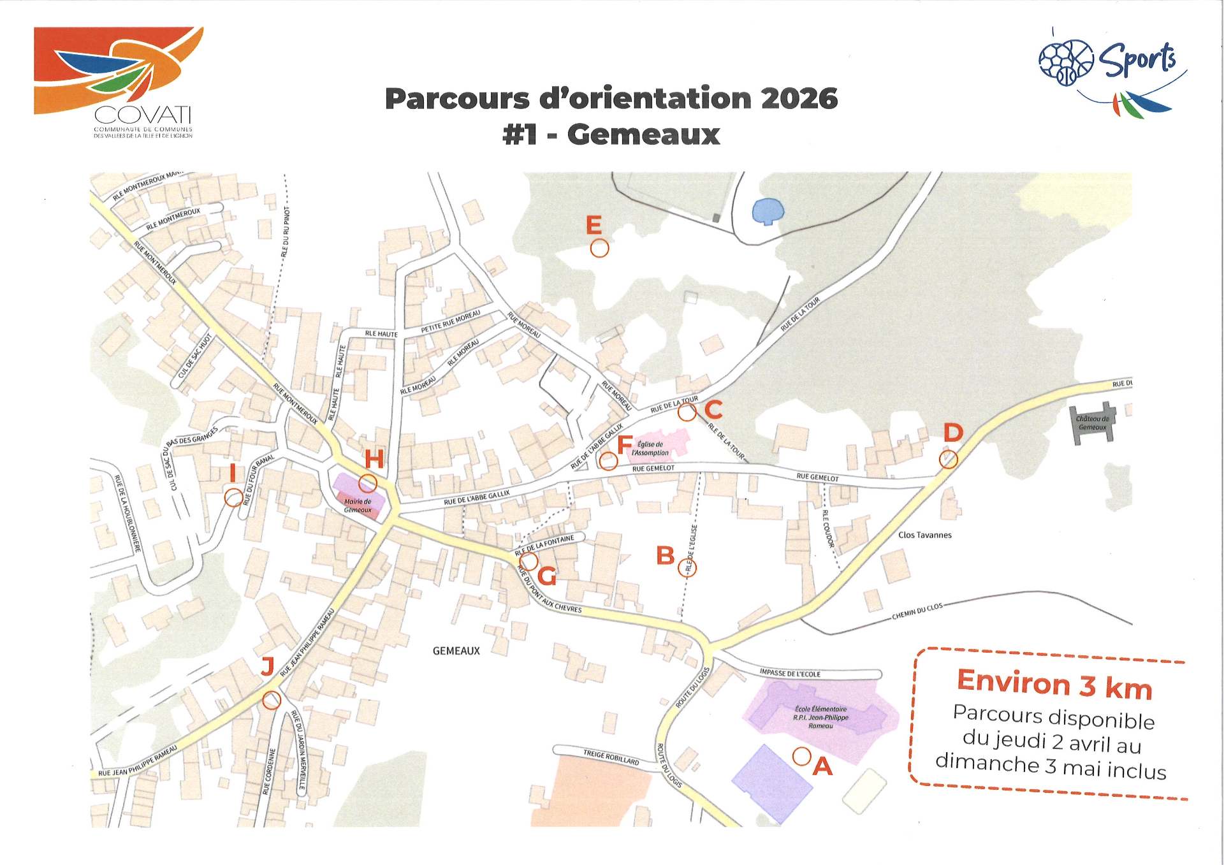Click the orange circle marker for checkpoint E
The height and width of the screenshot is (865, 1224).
coord(599,248)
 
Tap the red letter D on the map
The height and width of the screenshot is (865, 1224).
coord(953,433)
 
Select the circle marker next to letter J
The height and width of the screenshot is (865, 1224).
coord(272,700)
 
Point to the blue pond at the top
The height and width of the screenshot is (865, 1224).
coord(768,211)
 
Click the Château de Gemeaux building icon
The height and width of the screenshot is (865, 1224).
coord(1093,422)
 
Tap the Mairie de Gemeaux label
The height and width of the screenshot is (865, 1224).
coord(358,505)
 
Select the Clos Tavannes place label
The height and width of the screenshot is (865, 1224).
coord(924,535)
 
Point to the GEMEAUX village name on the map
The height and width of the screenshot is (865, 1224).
coord(456,651)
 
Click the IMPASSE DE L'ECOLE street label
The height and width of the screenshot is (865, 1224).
coord(790,673)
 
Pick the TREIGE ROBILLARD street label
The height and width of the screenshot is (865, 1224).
coord(611,757)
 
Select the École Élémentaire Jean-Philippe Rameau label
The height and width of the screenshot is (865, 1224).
coord(820,717)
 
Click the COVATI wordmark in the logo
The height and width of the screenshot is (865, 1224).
coord(143,115)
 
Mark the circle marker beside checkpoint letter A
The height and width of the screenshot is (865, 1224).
coord(801,757)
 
